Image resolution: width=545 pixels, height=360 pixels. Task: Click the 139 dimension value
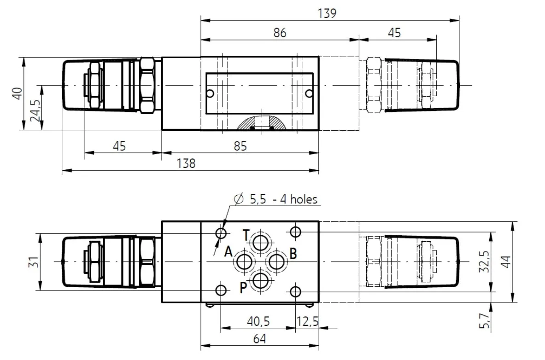327,13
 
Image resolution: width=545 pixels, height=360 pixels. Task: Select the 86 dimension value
280,33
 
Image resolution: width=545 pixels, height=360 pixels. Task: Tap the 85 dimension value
240,146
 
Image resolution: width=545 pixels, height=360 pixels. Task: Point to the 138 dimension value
186,163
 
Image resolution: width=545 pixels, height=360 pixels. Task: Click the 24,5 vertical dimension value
35,109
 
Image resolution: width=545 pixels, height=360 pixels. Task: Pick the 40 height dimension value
18,93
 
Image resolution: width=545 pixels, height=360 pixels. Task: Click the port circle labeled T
260,242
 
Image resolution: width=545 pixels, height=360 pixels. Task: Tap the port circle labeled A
245,261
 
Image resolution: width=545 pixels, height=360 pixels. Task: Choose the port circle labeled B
277,261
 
